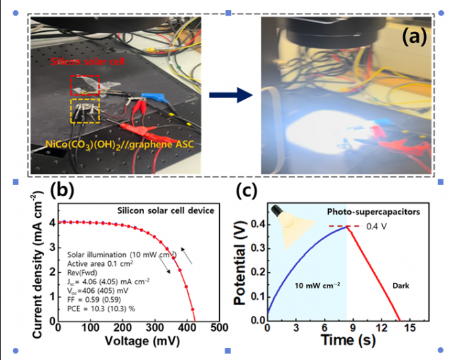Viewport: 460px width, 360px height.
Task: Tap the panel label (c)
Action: point(248,192)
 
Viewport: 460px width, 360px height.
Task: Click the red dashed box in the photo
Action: point(85,86)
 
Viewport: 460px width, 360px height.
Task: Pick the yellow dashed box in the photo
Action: point(85,110)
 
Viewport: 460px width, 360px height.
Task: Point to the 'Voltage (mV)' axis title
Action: point(137,343)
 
